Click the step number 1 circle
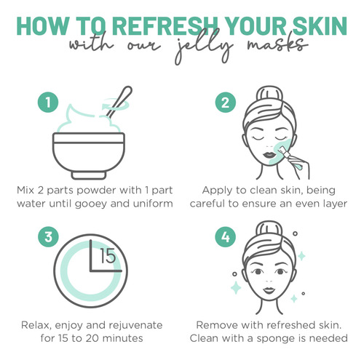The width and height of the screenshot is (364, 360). coord(48,103)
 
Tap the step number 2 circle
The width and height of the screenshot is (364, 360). coord(226,103)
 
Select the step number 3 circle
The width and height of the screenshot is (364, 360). coord(48,237)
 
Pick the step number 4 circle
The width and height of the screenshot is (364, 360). coord(226,237)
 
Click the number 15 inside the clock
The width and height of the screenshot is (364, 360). coord(108,256)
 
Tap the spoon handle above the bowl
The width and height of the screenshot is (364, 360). coord(119,102)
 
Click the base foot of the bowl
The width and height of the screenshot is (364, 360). coord(89,175)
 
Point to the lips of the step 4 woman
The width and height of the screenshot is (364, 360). coord(269,290)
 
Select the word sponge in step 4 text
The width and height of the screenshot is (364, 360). coord(275,339)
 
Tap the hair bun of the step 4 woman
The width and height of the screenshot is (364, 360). coord(269,228)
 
